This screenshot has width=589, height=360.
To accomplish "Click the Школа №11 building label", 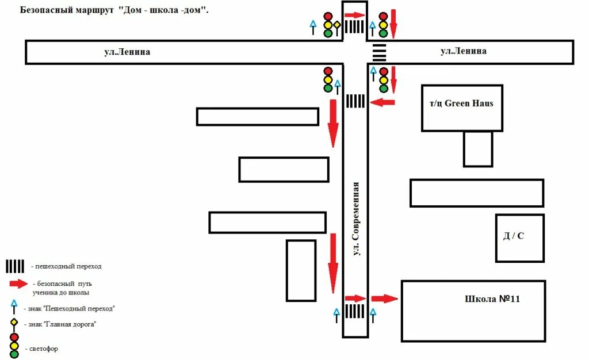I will pos(492,299).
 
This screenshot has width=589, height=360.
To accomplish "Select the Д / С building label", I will pos(514,236).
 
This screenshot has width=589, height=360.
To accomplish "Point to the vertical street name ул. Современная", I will pos(357,219).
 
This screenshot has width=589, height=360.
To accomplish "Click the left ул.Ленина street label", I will pos(127,52).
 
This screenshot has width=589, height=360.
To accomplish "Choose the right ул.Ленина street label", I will pos(464,51).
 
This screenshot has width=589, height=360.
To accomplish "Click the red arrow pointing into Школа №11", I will pos(384,298).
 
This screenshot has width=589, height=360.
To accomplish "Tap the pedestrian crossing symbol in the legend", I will pos(15,266).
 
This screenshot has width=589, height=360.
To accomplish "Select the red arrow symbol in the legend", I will pos(18,284).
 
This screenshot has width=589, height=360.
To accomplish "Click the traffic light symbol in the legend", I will pos(14,345).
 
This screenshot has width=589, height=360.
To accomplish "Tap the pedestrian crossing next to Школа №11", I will pos(355,312).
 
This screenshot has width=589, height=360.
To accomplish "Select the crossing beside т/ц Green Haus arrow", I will pos(355,101).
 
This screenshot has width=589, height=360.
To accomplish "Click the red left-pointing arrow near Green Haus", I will pos(383,102).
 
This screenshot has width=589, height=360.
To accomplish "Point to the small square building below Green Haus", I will pos(478,149).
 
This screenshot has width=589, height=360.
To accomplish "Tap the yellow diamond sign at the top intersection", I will pos(337,25).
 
